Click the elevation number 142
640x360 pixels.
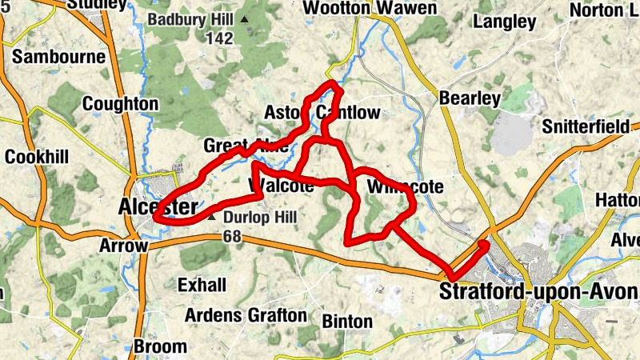(218, 38)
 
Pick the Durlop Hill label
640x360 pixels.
(259, 218)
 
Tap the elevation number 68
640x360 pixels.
(233, 236)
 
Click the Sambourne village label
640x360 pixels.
(59, 57)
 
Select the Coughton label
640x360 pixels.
(120, 104)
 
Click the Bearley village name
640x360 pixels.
(470, 98)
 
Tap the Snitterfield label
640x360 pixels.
(587, 127)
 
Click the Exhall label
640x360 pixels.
(202, 285)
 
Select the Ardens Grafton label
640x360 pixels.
(246, 315)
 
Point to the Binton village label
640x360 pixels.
(347, 322)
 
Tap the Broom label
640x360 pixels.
(161, 347)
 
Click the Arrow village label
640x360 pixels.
(123, 246)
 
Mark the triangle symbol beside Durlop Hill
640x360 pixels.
(212, 217)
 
